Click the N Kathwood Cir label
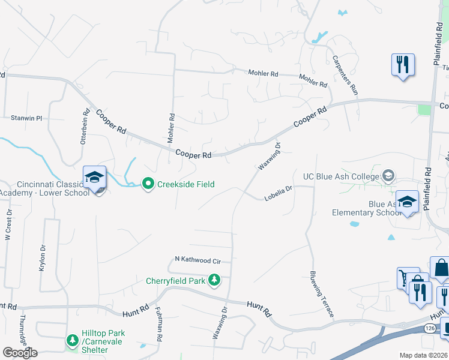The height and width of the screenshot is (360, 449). tap(197, 260)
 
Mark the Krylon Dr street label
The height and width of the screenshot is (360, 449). tap(43, 258)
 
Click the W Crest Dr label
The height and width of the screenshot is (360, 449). tap(9, 225)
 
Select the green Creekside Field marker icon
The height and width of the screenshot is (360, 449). tap(148, 184)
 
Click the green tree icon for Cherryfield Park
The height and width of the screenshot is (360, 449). tap(214, 280)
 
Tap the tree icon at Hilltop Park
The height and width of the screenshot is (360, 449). tap(72, 340)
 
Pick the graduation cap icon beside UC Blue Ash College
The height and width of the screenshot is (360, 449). tap(388, 176)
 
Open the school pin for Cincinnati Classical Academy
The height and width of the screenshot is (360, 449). tap(94, 177)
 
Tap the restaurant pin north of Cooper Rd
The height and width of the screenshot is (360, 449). tap(403, 64)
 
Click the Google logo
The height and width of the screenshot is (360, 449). tap(20, 352)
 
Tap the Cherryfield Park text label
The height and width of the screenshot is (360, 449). tap(176, 281)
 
